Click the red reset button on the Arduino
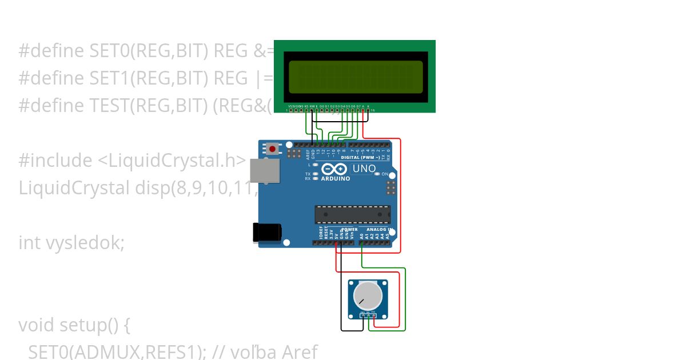coord(273,149)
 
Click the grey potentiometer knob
coord(368,295)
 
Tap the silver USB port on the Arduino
coord(265,170)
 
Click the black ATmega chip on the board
coord(352,214)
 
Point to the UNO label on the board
coord(364,169)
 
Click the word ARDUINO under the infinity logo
coord(335,178)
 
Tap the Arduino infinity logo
coord(334,169)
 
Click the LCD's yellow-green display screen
coord(355,77)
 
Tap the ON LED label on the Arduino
coord(385,174)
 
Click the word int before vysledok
coord(29,243)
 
